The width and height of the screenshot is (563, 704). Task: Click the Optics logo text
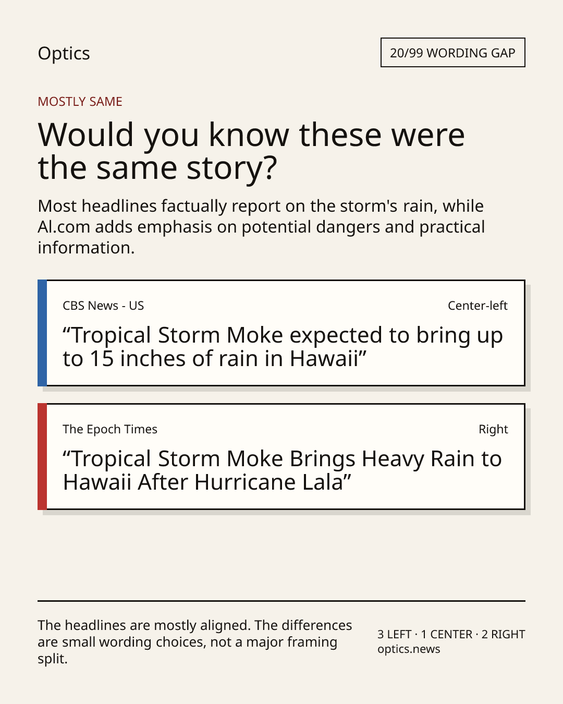click(x=64, y=54)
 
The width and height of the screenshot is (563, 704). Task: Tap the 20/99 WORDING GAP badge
click(x=453, y=53)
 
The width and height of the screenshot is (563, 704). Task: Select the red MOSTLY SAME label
click(x=80, y=102)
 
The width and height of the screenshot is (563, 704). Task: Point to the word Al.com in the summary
click(x=64, y=227)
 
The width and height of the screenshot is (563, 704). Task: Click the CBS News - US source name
click(x=103, y=306)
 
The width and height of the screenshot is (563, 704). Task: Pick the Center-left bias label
click(x=478, y=306)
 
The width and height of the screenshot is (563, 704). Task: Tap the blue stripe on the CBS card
click(x=42, y=333)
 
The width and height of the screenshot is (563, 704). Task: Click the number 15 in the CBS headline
click(x=102, y=359)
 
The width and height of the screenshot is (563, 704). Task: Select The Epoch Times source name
click(x=110, y=429)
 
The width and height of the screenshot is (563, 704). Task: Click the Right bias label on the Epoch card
click(x=493, y=429)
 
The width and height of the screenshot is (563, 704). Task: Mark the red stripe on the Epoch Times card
click(x=42, y=456)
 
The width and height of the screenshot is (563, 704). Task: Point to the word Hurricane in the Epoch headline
click(x=246, y=482)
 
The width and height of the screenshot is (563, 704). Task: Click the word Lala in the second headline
click(x=323, y=482)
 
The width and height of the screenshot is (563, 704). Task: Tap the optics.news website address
click(x=409, y=649)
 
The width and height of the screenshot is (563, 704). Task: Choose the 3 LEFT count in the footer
click(x=394, y=634)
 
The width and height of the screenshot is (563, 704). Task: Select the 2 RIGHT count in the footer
click(x=504, y=634)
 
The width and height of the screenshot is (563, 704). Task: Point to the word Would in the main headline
click(x=85, y=135)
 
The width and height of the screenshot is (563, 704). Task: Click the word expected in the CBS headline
click(x=336, y=336)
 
